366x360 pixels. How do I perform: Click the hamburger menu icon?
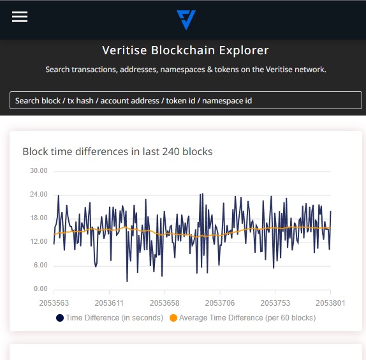click(x=20, y=17)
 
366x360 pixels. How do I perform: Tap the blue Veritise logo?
click(x=186, y=20)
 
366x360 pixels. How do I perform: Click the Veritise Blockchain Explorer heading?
click(x=186, y=50)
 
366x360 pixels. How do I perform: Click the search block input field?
click(x=186, y=100)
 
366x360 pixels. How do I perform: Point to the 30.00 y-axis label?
click(x=39, y=171)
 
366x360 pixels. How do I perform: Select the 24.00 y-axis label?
click(x=39, y=195)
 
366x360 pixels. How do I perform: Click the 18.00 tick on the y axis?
click(x=39, y=218)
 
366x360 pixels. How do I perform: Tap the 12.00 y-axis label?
click(x=39, y=241)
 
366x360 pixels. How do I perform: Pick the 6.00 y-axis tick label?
click(x=41, y=265)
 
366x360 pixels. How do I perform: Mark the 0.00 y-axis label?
click(x=41, y=289)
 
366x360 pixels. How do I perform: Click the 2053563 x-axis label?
click(x=54, y=303)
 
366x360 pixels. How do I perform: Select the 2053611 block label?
click(x=109, y=303)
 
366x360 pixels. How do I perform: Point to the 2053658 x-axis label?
click(x=165, y=303)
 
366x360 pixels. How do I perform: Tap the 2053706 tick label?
click(x=220, y=303)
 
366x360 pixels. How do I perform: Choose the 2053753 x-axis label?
click(x=275, y=303)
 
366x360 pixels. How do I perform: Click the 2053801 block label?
click(x=330, y=303)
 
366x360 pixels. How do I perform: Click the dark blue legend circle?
click(x=60, y=318)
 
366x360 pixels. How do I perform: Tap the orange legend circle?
click(x=173, y=318)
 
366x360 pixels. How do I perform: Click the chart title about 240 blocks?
click(x=117, y=152)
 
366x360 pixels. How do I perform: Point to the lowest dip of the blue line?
click(x=128, y=281)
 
